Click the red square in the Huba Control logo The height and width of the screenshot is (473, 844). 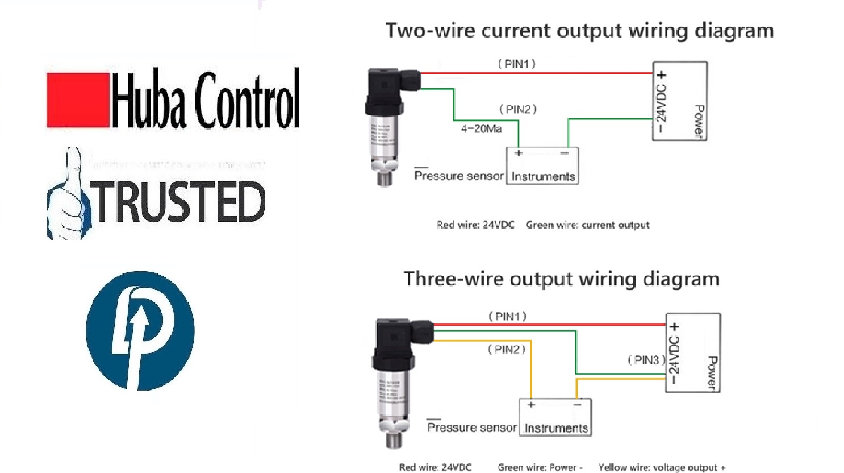click(78, 100)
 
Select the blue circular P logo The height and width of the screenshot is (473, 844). click(140, 330)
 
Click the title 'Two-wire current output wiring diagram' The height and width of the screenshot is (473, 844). click(579, 31)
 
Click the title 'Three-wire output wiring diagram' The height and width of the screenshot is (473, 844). click(561, 279)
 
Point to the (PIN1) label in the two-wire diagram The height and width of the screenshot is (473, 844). click(517, 64)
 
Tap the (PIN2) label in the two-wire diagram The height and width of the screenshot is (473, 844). click(518, 109)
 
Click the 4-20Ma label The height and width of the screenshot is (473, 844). click(481, 129)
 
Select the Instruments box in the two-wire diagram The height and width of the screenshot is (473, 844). click(542, 166)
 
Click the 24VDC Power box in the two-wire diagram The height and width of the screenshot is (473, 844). click(679, 101)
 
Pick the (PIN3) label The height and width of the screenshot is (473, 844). click(646, 360)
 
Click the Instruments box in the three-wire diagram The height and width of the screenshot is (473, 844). click(555, 418)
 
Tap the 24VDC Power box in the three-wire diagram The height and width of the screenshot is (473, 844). click(692, 353)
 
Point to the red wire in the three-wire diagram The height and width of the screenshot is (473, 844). click(545, 325)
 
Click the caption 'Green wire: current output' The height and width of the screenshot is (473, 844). click(587, 225)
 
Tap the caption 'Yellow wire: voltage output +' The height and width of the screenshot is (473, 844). click(662, 467)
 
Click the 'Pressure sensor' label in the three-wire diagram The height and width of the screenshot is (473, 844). click(471, 428)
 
